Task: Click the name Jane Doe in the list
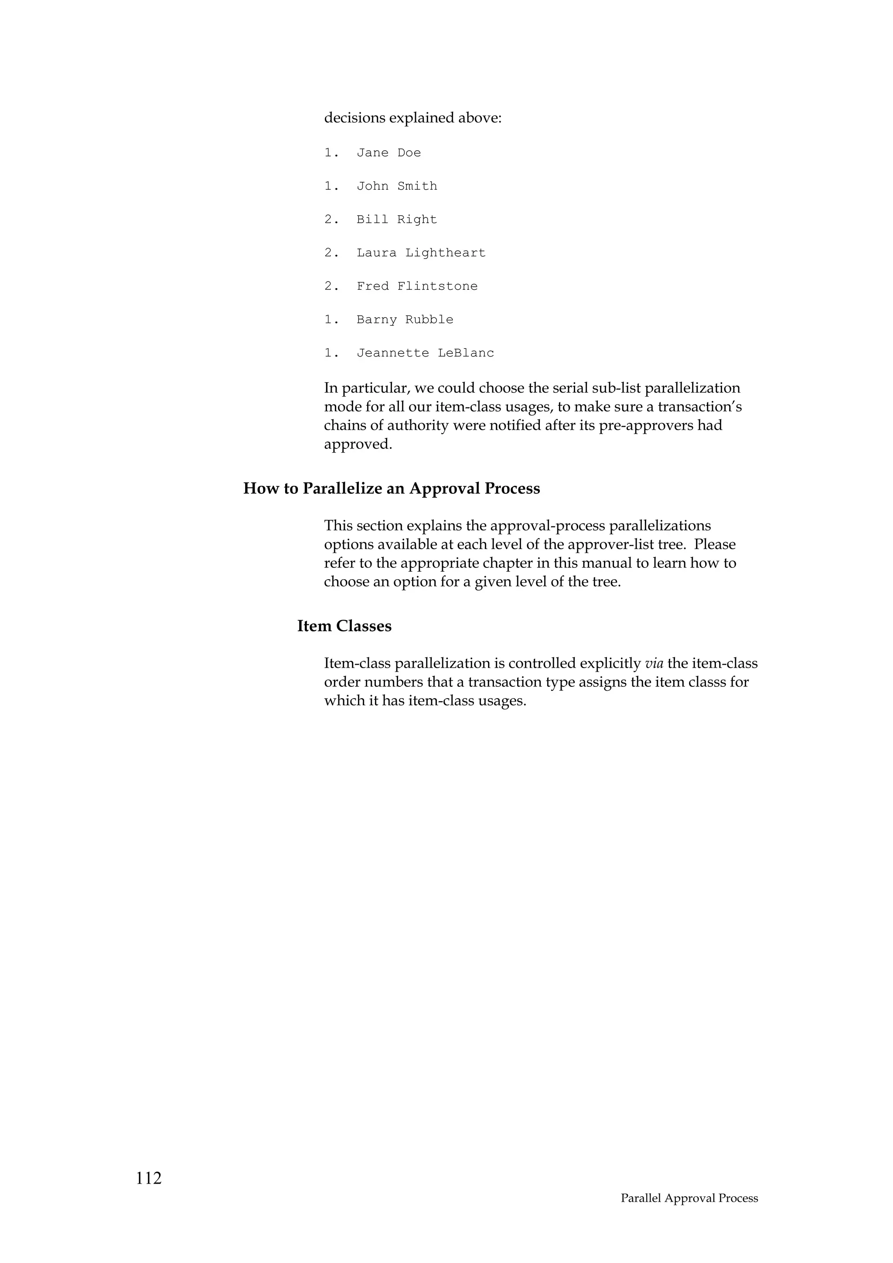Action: point(389,153)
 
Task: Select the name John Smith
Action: point(397,187)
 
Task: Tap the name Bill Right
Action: point(397,220)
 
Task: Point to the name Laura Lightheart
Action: point(421,253)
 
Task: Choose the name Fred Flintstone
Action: point(417,286)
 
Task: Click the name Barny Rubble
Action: point(405,319)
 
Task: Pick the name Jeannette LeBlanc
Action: point(425,353)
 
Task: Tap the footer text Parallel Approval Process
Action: point(689,1198)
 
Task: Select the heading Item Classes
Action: point(344,626)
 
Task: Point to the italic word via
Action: point(654,663)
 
